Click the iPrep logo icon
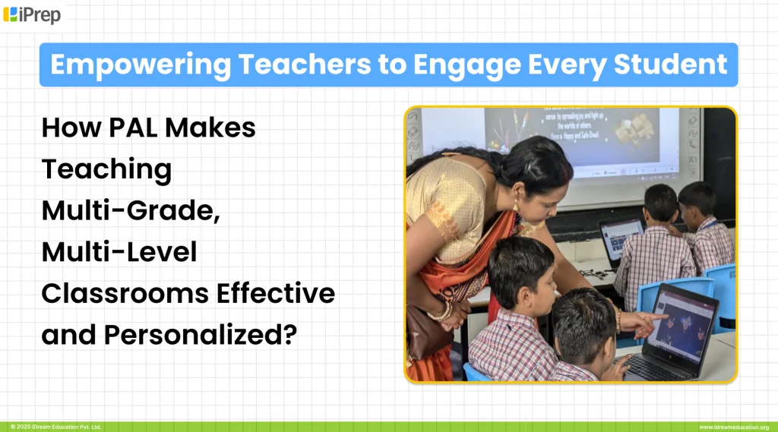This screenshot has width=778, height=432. click(x=11, y=14)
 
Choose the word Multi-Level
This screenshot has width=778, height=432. click(x=119, y=251)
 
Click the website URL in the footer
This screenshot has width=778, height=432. click(x=733, y=427)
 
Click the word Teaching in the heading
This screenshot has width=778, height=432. click(x=106, y=169)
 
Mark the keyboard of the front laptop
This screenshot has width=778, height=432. click(x=656, y=367)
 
